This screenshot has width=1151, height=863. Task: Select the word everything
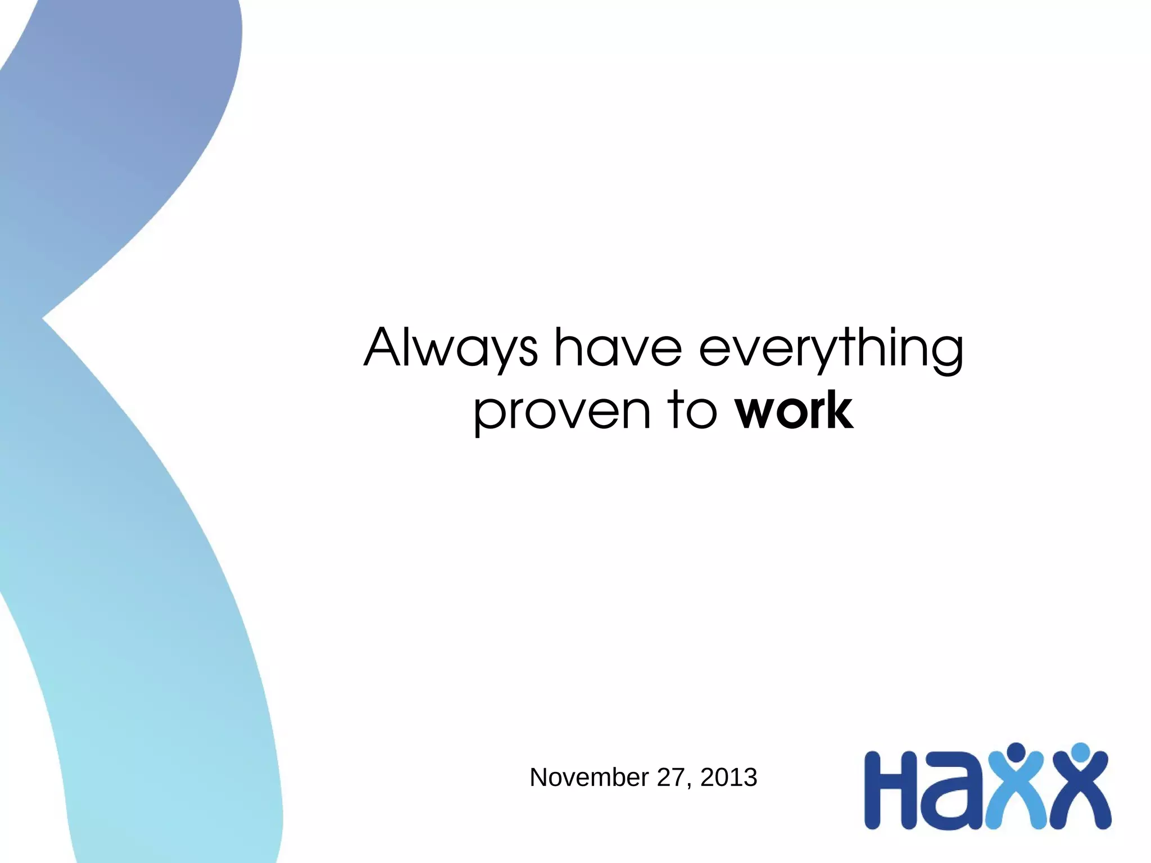pyautogui.click(x=831, y=349)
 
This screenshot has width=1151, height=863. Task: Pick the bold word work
pyautogui.click(x=794, y=410)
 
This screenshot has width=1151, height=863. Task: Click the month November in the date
pyautogui.click(x=588, y=778)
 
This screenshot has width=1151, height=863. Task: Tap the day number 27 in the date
pyautogui.click(x=670, y=778)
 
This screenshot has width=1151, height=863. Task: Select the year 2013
pyautogui.click(x=729, y=778)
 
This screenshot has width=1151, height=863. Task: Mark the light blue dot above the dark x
pyautogui.click(x=1080, y=752)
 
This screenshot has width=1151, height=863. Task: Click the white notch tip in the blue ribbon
pyautogui.click(x=44, y=319)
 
